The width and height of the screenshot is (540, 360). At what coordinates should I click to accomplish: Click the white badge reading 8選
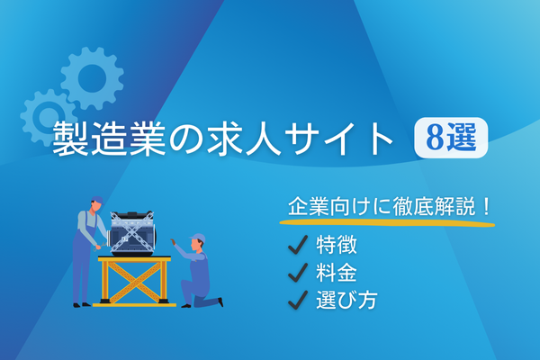(x=451, y=138)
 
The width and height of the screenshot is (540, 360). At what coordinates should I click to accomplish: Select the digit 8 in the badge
(x=435, y=138)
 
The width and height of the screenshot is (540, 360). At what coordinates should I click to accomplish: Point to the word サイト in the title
(x=339, y=138)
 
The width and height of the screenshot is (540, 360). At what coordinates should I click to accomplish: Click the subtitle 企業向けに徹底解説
(x=382, y=207)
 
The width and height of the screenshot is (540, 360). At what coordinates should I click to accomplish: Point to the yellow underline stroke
(x=387, y=222)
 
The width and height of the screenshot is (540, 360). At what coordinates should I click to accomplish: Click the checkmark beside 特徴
(x=298, y=245)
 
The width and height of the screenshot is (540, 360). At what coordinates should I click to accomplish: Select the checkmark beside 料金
(x=298, y=273)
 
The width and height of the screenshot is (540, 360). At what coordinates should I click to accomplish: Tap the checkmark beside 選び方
(x=298, y=300)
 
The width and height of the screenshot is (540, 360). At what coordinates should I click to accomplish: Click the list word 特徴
(x=337, y=245)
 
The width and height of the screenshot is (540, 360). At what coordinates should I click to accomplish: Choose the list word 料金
(x=337, y=273)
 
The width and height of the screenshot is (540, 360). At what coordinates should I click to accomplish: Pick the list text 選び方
(x=346, y=300)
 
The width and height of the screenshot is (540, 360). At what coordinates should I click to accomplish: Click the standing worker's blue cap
(x=97, y=200)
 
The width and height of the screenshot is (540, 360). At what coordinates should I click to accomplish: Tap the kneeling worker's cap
(x=198, y=238)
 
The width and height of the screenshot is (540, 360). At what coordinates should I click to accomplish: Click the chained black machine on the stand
(x=133, y=233)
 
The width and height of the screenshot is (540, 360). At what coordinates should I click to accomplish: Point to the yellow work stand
(x=135, y=281)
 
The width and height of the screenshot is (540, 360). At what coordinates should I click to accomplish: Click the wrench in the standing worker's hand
(x=98, y=247)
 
